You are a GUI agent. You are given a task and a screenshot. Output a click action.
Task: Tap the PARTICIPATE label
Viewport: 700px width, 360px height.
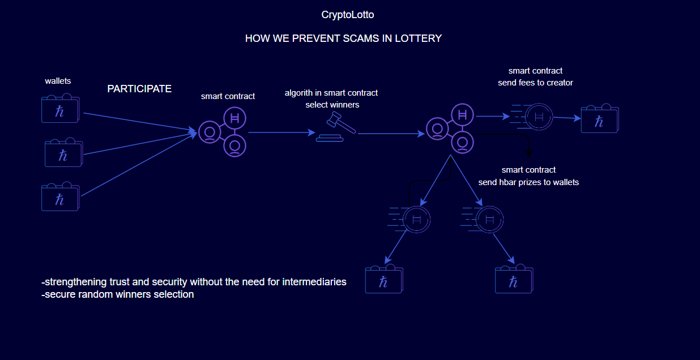pyautogui.click(x=139, y=89)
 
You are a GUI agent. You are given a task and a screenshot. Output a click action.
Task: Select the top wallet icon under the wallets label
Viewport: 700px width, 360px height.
pyautogui.click(x=60, y=109)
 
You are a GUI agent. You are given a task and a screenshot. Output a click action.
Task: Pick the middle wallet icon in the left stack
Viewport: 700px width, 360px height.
pyautogui.click(x=63, y=153)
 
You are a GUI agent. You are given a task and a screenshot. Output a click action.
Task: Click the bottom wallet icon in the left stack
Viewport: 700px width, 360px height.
pyautogui.click(x=60, y=198)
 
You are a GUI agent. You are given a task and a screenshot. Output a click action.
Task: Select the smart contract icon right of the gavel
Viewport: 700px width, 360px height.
pyautogui.click(x=451, y=130)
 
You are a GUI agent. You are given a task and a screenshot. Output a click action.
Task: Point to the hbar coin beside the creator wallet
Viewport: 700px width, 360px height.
pyautogui.click(x=538, y=117)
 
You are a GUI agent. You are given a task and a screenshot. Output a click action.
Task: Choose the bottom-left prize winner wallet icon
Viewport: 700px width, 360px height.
pyautogui.click(x=384, y=280)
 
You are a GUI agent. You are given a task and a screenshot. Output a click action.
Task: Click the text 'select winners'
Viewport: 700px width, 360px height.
pyautogui.click(x=332, y=105)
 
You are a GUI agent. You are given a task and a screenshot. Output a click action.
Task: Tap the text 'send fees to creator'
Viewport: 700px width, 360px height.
pyautogui.click(x=535, y=83)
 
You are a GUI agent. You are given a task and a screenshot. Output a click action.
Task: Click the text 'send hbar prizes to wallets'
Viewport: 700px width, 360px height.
pyautogui.click(x=528, y=182)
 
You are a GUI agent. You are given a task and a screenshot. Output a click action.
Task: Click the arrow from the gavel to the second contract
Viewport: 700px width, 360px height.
pyautogui.click(x=391, y=134)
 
